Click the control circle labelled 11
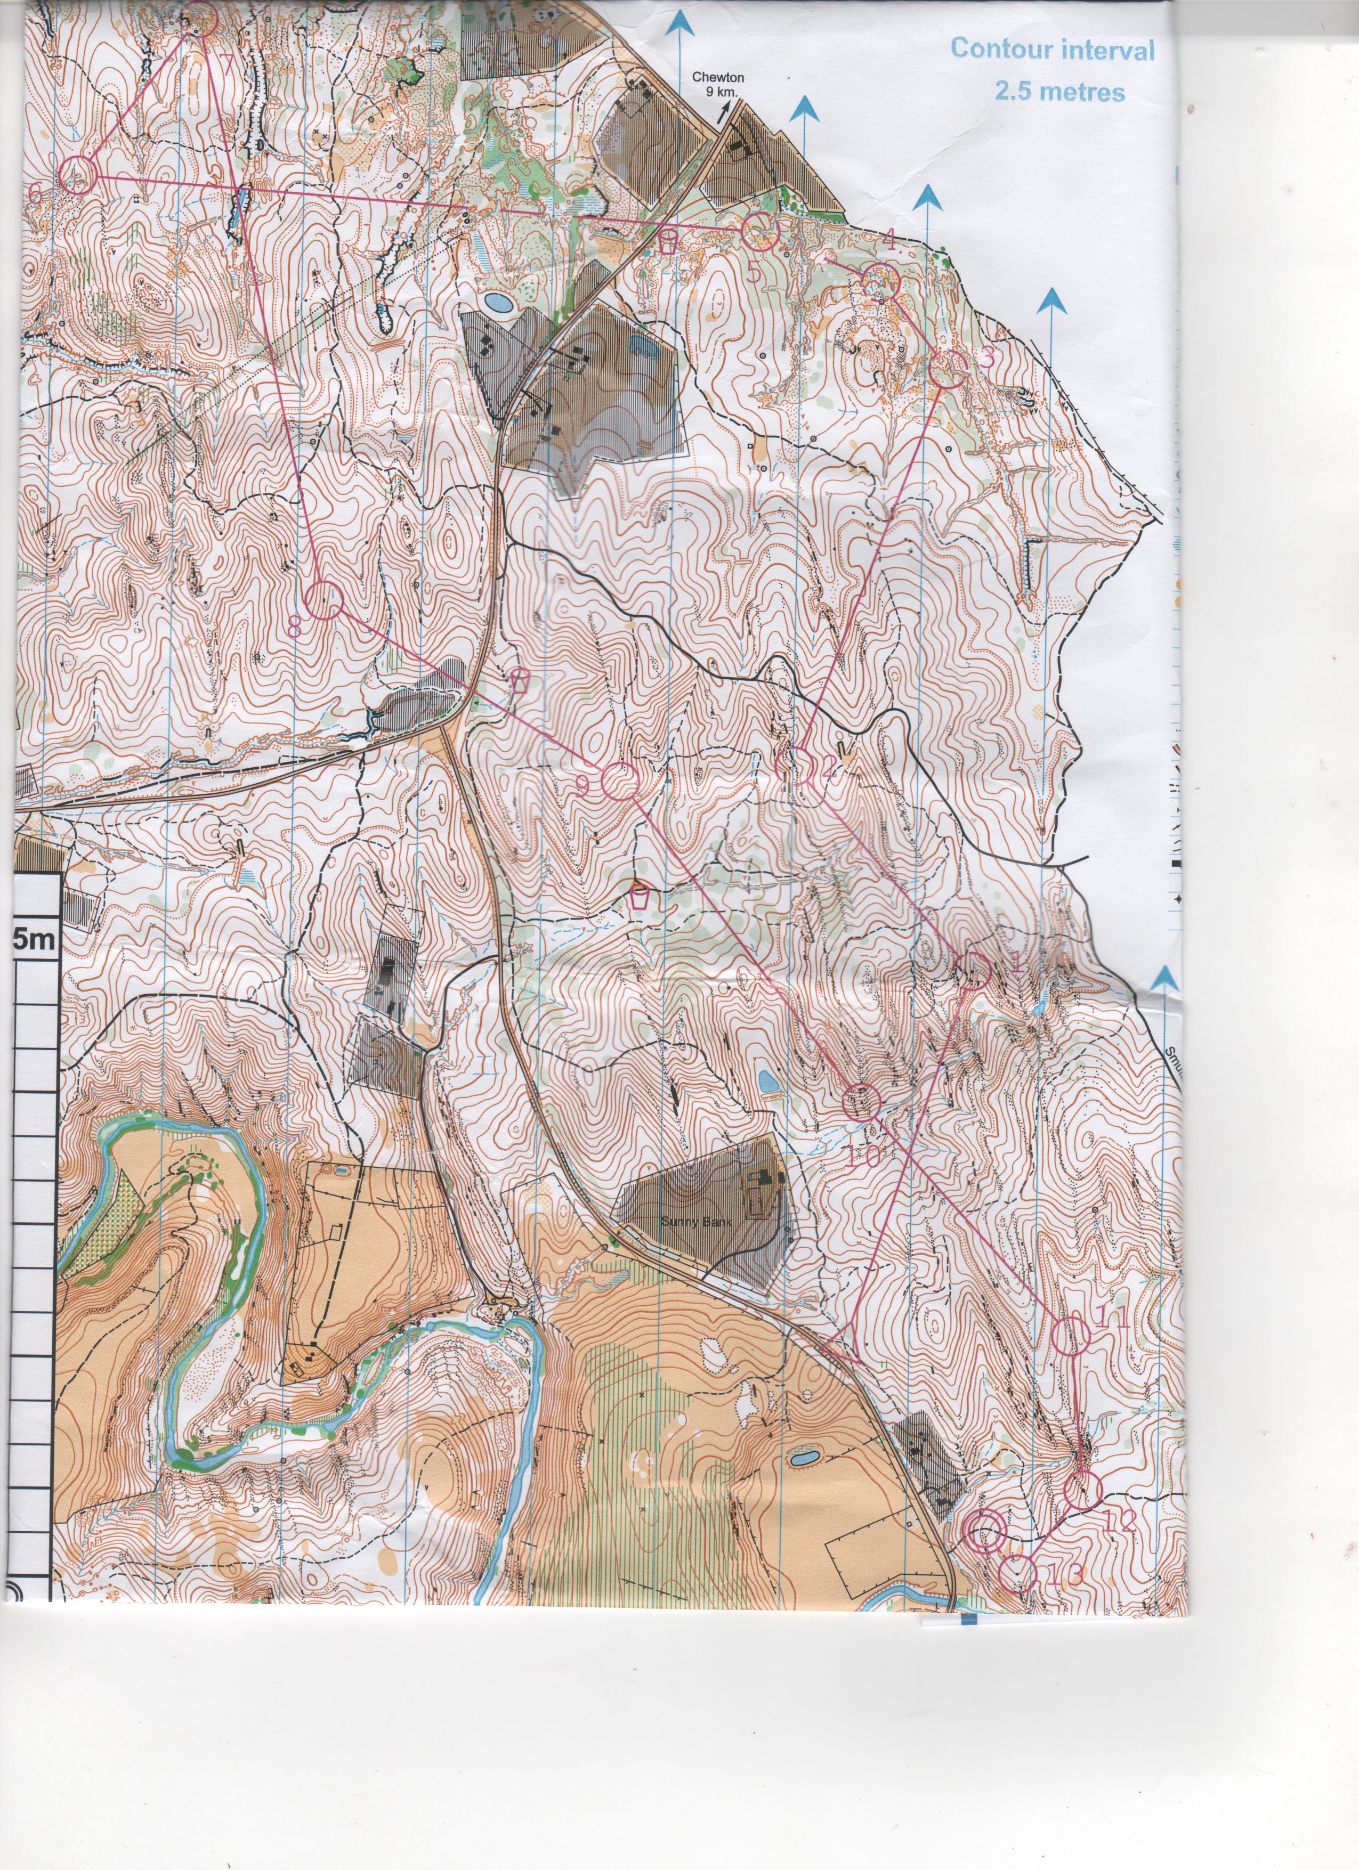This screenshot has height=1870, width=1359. pos(1072,1337)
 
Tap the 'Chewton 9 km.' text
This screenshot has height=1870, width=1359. pos(717,83)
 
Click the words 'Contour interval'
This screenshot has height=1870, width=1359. pos(1052,50)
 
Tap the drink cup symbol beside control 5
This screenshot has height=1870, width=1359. pos(669,241)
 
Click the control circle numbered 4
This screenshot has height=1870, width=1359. pos(881,282)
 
